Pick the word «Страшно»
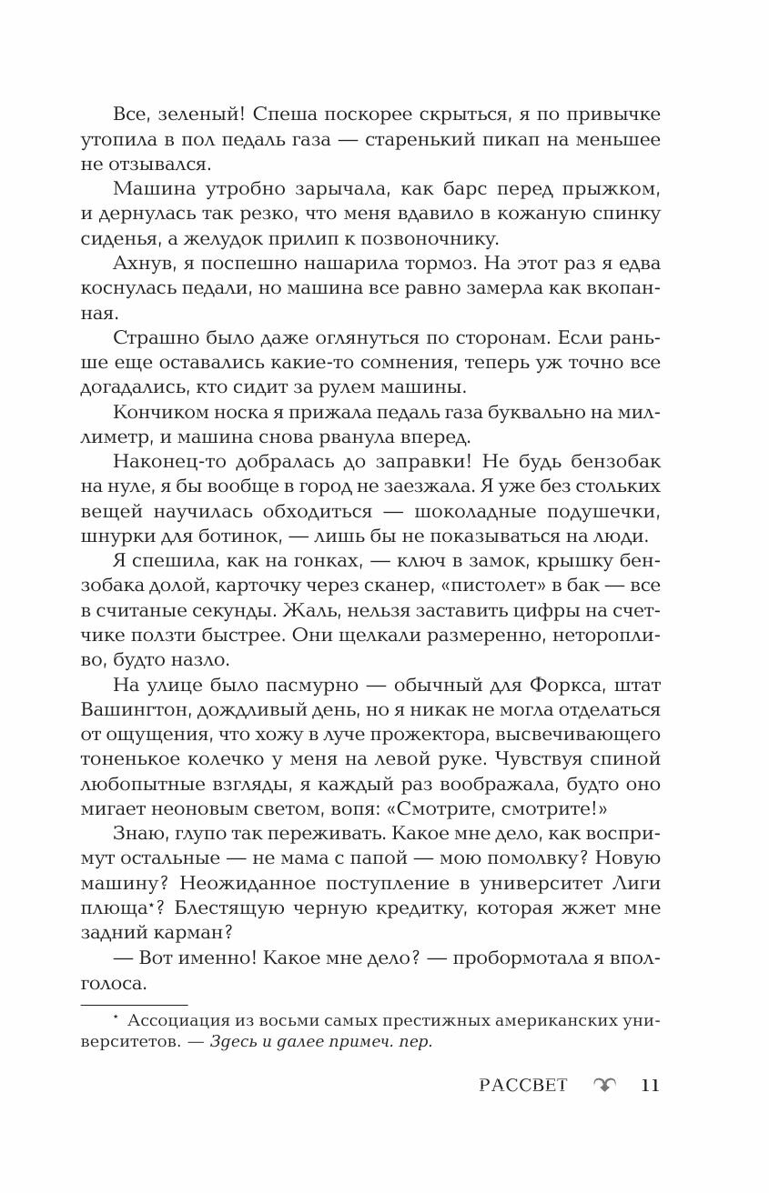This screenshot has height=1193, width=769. tap(153, 337)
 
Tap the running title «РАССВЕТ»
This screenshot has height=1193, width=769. tap(523, 1085)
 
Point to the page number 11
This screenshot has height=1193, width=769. tap(650, 1085)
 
